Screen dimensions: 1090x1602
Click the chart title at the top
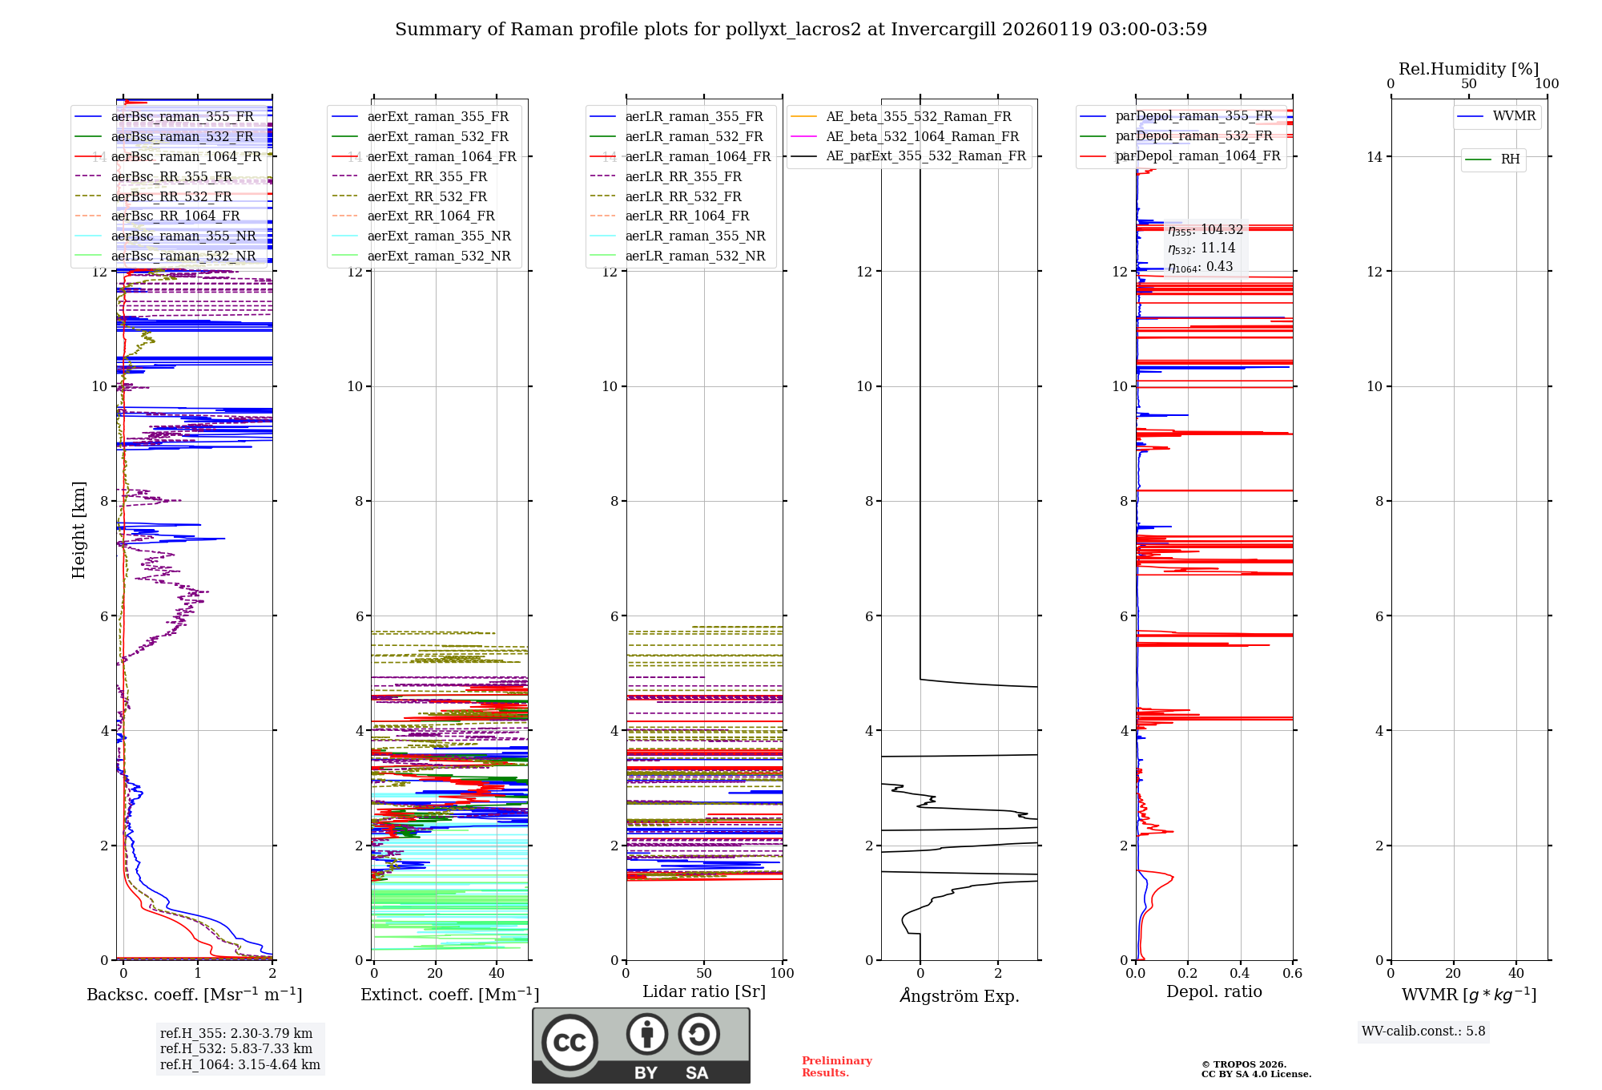click(801, 30)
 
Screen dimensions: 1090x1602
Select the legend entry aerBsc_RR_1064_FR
click(175, 216)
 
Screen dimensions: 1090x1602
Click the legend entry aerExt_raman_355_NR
click(438, 236)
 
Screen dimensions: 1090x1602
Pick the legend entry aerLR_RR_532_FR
click(683, 196)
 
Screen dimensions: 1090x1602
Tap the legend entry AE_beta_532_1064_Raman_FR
click(922, 137)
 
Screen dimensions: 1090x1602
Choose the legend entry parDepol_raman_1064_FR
click(1197, 156)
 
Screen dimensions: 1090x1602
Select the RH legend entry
click(1510, 159)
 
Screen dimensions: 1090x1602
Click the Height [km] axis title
click(78, 530)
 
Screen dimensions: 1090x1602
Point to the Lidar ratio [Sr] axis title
click(704, 992)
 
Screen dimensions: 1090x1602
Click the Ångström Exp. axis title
click(960, 996)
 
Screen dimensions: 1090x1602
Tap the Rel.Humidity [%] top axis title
click(1468, 69)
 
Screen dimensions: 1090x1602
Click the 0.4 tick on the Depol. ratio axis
click(1240, 974)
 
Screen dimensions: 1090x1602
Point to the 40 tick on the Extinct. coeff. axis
click(497, 974)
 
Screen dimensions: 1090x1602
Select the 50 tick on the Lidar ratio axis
click(704, 974)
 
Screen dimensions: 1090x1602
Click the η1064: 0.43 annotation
click(1200, 267)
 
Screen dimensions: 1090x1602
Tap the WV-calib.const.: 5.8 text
click(1423, 1031)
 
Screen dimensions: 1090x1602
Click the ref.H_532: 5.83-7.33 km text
click(236, 1049)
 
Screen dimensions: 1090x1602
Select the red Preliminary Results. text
click(836, 1067)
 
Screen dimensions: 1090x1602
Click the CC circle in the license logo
click(570, 1043)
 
